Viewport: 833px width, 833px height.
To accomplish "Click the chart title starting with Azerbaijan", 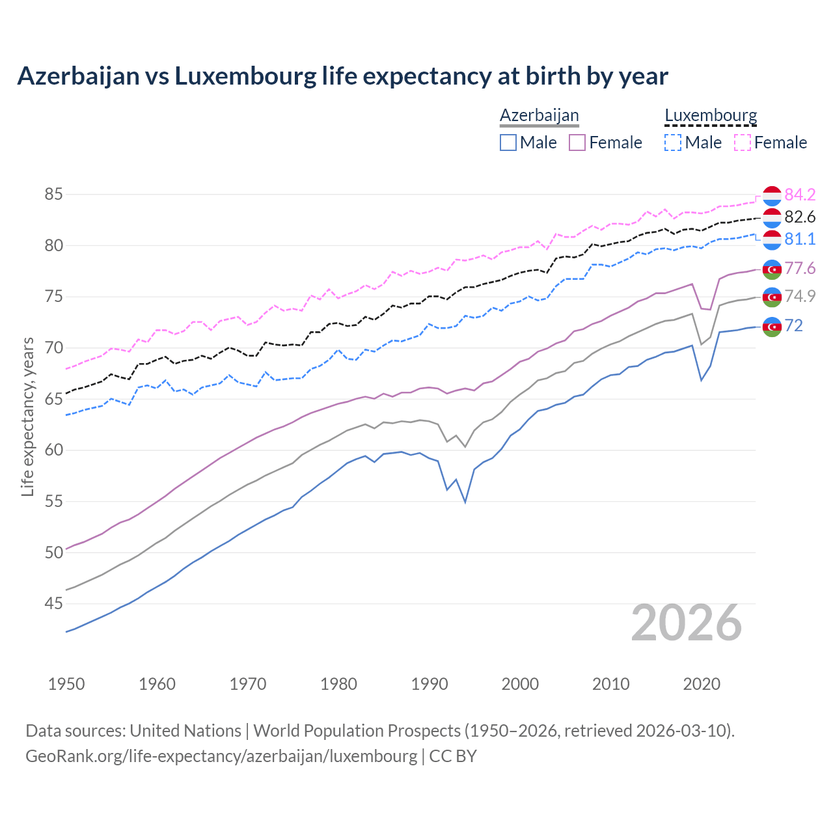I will point(342,76).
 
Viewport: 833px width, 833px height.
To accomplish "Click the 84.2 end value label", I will point(800,195).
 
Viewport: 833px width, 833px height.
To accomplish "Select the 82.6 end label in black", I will point(800,217).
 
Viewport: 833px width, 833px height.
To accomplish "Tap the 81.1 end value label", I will point(800,239).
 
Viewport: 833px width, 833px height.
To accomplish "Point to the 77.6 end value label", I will point(800,268).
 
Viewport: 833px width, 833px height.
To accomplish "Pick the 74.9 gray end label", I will point(800,297).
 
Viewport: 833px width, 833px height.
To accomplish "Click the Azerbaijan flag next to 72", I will point(772,327).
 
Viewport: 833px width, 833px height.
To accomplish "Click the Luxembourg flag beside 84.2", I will point(772,196).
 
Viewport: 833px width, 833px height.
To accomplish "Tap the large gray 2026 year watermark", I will point(687,623).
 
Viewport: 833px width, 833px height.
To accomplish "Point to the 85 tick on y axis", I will point(54,194).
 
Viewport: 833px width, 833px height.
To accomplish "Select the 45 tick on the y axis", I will point(54,604).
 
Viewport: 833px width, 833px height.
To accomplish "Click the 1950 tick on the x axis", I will point(66,684).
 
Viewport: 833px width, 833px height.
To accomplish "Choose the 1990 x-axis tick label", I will point(430,684).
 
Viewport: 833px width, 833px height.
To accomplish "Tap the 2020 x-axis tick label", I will point(702,684).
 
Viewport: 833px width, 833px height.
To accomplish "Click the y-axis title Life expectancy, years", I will point(27,416).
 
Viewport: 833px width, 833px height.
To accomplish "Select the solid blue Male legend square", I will point(508,143).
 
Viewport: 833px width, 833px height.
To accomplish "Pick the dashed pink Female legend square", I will point(743,143).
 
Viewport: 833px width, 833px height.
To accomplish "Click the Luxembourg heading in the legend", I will point(711,116).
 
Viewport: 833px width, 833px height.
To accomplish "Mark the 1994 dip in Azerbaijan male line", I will point(465,502).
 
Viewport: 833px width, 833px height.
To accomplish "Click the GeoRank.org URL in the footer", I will point(221,756).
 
